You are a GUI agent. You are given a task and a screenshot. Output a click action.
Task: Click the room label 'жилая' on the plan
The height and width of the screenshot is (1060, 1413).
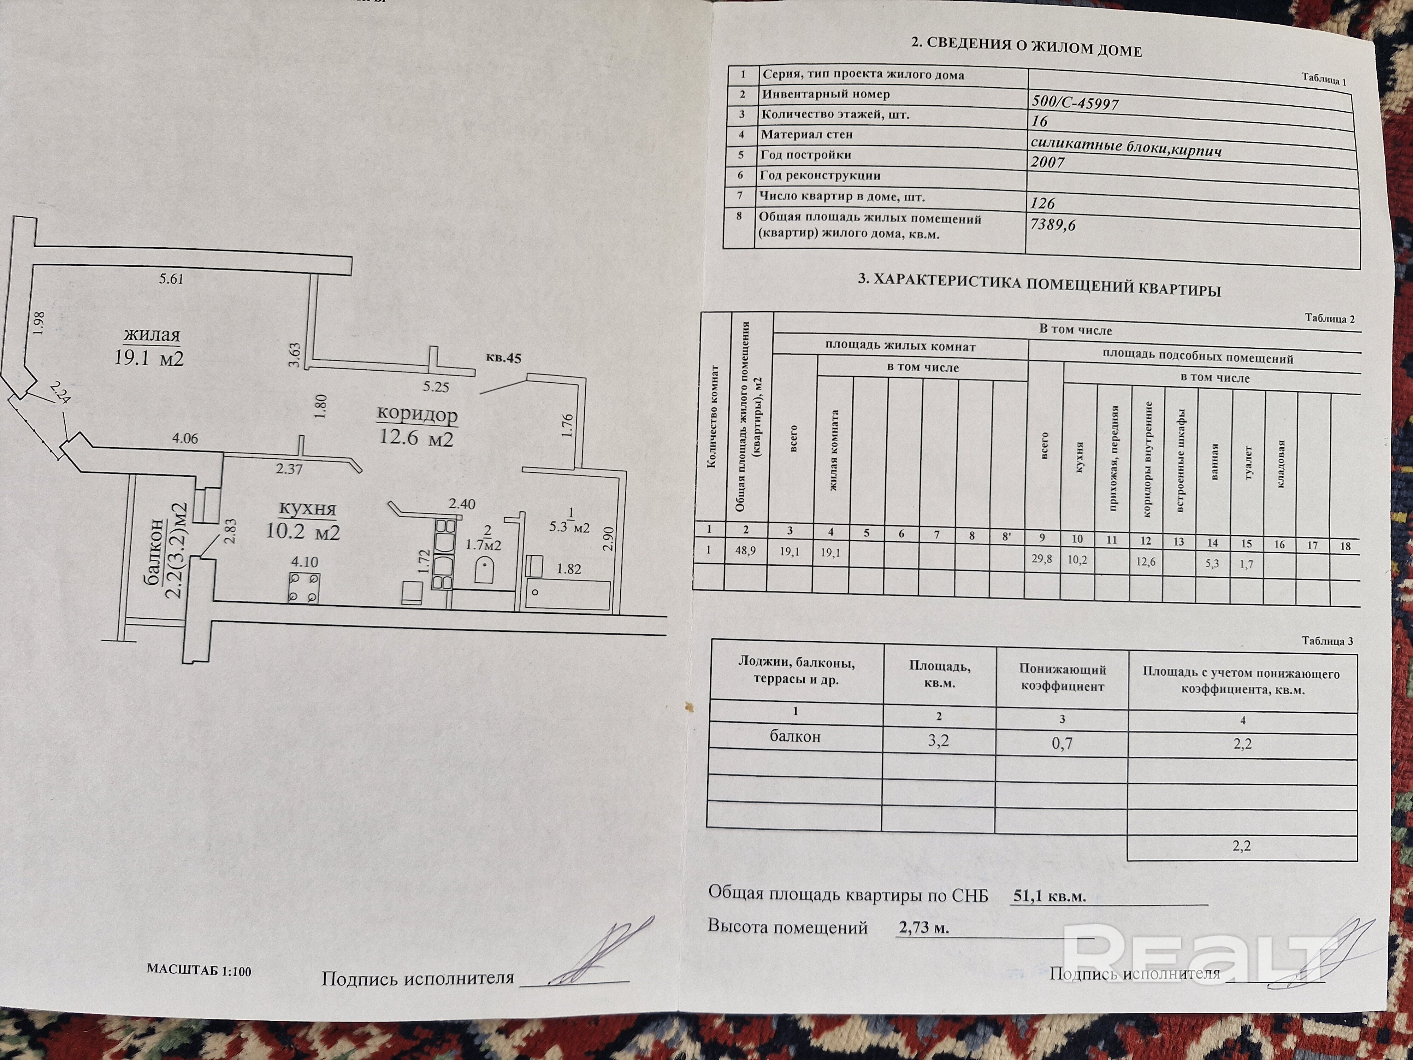152,335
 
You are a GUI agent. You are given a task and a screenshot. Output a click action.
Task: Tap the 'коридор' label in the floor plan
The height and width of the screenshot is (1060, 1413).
417,414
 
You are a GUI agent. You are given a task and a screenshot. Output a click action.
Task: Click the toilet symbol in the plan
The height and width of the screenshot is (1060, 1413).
485,569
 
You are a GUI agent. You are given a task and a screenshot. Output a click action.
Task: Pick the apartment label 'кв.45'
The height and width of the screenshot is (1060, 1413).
503,358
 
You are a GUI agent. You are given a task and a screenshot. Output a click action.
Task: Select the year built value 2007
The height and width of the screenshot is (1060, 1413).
1048,162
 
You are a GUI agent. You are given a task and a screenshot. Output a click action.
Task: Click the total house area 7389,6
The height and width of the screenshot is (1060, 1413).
1053,224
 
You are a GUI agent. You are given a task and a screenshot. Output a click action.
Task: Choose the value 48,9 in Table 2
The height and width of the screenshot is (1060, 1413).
745,550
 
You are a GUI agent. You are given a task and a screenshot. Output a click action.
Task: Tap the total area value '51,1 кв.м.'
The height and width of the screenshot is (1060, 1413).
1050,896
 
